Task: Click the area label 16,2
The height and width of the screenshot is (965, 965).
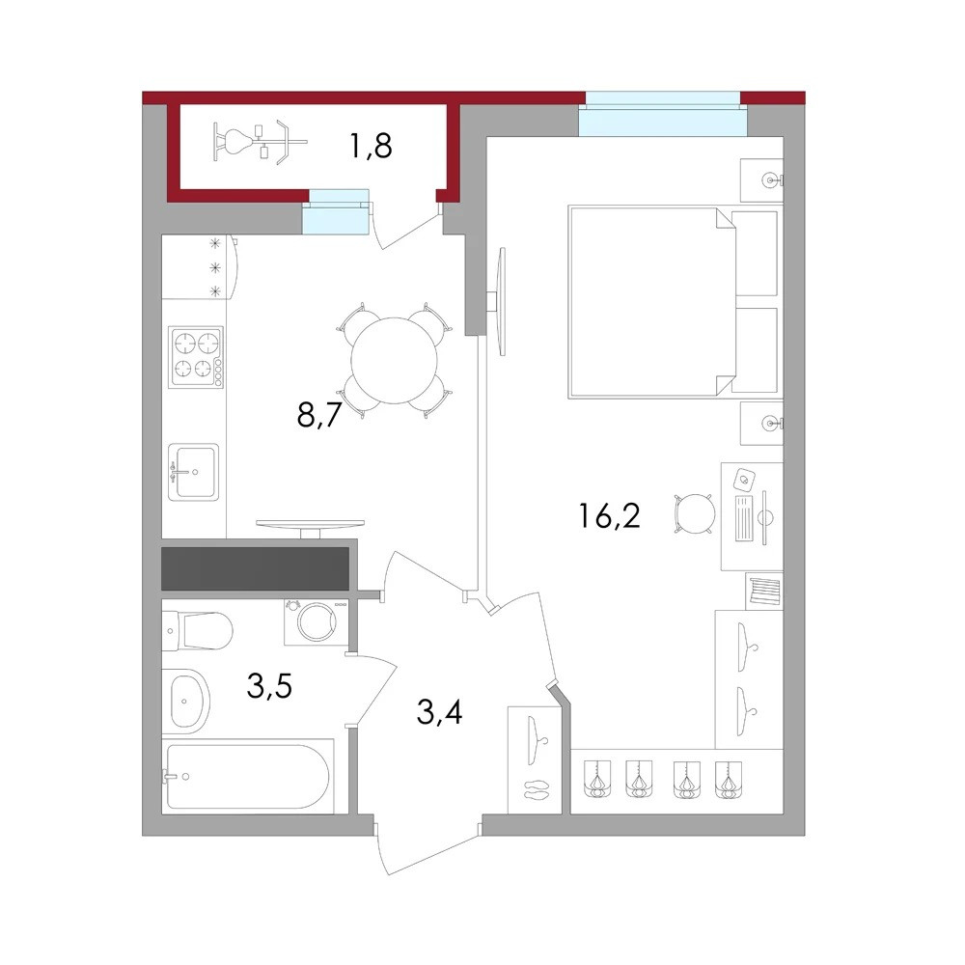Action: (609, 515)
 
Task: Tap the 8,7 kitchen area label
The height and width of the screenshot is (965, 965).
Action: (318, 415)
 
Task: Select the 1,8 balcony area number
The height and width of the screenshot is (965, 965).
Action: (371, 147)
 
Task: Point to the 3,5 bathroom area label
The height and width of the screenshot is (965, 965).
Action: (269, 685)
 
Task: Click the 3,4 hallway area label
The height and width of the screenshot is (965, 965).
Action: (439, 712)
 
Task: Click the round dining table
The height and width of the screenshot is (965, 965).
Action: (394, 361)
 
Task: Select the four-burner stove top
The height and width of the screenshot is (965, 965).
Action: (196, 356)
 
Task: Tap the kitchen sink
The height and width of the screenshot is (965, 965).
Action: (193, 472)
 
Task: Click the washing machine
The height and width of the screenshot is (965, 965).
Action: (317, 621)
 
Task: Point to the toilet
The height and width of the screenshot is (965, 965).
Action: (198, 631)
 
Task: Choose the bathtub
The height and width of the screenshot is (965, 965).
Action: (247, 777)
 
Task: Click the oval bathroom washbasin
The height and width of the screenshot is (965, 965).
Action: (188, 701)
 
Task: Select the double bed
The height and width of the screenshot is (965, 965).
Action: (674, 301)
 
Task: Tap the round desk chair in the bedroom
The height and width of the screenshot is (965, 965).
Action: (696, 513)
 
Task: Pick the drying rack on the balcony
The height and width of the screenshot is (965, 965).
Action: (259, 142)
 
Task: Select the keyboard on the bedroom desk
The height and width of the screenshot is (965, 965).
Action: (745, 517)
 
